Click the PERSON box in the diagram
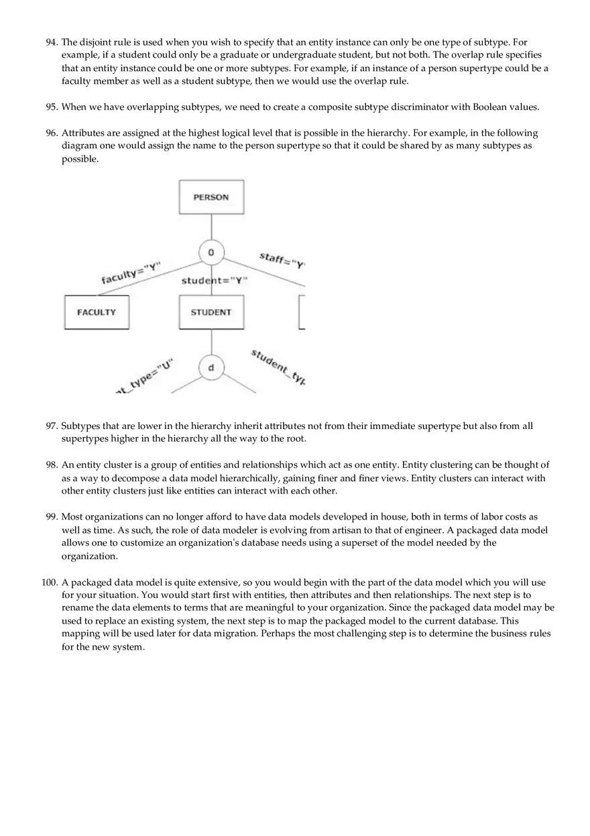tap(211, 197)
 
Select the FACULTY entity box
tap(97, 312)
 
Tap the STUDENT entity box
tap(211, 312)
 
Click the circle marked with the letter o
tap(211, 253)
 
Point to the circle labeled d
tap(211, 368)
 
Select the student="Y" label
tap(215, 280)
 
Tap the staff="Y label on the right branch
tap(282, 259)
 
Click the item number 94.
tap(52, 42)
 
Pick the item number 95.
tap(52, 107)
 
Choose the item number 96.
tap(52, 133)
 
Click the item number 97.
tap(52, 426)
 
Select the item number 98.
tap(52, 465)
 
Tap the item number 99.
tap(52, 518)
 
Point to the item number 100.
tap(50, 583)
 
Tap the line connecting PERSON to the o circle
tap(211, 227)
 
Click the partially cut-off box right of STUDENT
tap(302, 312)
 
